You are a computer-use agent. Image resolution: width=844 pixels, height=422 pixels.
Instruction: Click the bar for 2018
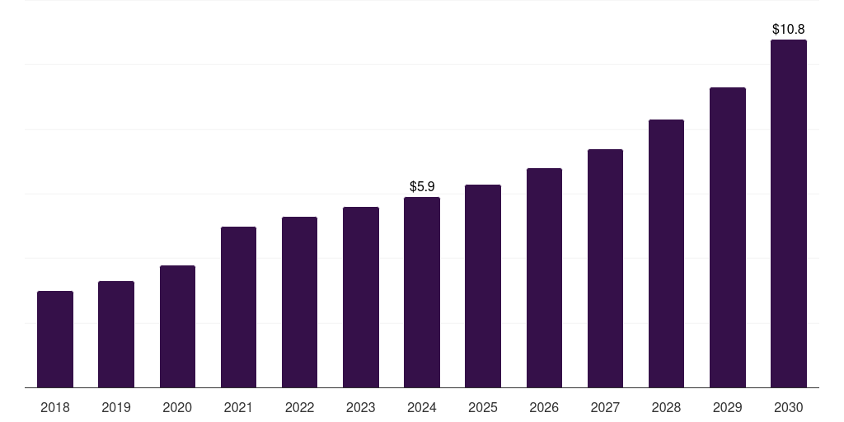55,339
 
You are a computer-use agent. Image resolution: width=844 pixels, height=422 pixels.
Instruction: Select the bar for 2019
116,334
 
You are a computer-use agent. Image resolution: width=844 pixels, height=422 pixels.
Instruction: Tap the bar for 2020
177,326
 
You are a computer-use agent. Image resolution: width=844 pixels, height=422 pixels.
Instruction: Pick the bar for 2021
238,307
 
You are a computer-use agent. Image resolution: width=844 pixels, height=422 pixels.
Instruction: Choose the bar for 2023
361,297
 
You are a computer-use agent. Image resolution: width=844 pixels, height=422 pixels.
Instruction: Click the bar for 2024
422,292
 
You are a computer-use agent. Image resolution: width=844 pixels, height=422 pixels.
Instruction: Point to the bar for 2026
544,278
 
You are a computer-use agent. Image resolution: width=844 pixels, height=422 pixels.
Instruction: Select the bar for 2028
666,253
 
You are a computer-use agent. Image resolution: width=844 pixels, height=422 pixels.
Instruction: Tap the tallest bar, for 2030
789,213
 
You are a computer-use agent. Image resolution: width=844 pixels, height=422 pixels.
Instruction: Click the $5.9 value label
422,187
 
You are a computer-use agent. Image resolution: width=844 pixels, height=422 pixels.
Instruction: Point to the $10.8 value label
789,30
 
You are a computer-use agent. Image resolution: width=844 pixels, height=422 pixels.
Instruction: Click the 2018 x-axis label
55,407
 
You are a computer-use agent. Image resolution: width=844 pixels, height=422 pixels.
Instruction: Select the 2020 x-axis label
177,407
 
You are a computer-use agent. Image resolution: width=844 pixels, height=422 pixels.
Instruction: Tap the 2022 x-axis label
299,407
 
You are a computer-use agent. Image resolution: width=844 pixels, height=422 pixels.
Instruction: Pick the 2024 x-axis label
422,407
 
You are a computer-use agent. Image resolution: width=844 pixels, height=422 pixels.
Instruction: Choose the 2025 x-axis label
483,407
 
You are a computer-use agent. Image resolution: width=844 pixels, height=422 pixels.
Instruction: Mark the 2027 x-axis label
605,407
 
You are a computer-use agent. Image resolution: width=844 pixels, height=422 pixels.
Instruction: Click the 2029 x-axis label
727,407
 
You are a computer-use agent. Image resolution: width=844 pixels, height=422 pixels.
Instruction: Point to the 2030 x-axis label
789,407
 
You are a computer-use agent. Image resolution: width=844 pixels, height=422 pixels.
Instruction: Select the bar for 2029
727,237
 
